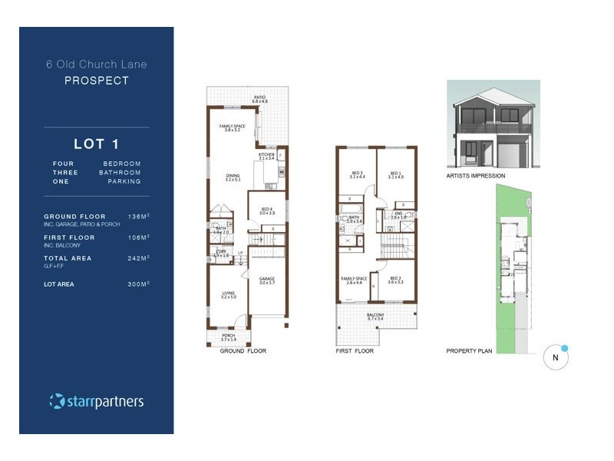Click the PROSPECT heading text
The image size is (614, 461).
(x=96, y=80)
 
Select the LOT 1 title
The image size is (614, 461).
(x=96, y=144)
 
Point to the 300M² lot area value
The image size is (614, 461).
(x=138, y=284)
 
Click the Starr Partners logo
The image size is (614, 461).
(x=96, y=401)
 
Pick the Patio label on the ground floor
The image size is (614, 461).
(x=260, y=99)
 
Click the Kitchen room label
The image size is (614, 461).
(x=266, y=156)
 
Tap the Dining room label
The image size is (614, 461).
(x=233, y=177)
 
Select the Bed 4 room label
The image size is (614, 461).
(x=266, y=211)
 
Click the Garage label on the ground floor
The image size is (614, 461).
(x=266, y=280)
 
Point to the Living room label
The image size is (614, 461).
(x=229, y=294)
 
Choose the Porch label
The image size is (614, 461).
(x=229, y=337)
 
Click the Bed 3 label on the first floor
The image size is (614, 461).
(x=357, y=175)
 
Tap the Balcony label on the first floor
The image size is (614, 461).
(x=375, y=316)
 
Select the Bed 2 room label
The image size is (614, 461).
(x=395, y=280)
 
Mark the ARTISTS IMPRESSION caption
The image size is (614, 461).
(x=476, y=176)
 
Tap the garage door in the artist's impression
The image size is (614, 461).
(x=509, y=157)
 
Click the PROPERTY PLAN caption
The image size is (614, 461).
(x=470, y=351)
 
